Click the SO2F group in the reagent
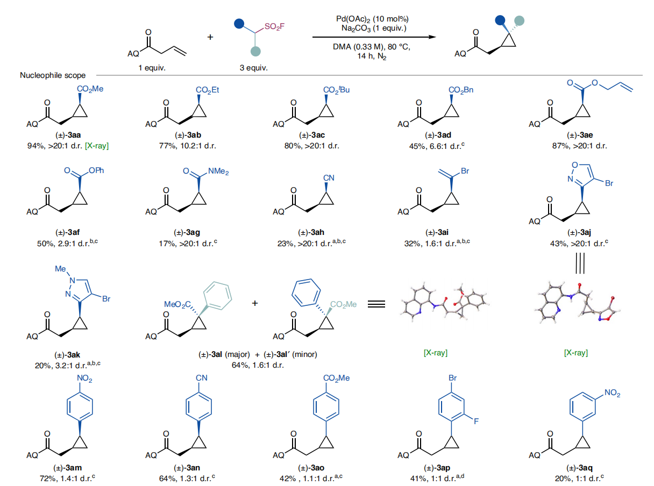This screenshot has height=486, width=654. point(278,26)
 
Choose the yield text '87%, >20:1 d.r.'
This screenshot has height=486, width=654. point(576,145)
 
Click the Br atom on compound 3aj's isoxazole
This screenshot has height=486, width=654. point(609,183)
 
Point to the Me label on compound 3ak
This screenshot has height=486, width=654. point(60,267)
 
